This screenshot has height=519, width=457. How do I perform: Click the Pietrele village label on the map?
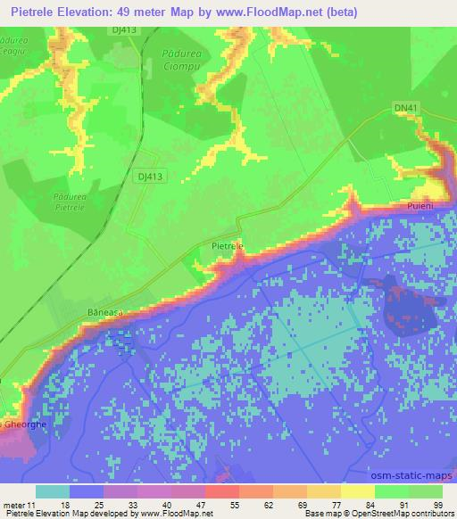[x=226, y=242]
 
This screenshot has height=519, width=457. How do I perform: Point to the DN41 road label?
[x=404, y=108]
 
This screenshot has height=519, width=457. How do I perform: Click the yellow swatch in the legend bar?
[x=357, y=491]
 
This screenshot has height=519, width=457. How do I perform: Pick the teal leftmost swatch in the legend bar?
[x=53, y=491]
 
